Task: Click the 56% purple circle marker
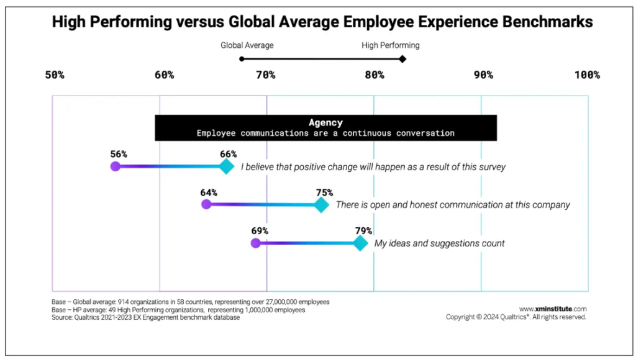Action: (x=115, y=166)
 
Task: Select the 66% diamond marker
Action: (x=227, y=166)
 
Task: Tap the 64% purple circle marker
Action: (x=206, y=205)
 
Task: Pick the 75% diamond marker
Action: (x=321, y=205)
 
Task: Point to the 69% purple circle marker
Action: (x=255, y=243)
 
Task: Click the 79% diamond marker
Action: (x=360, y=243)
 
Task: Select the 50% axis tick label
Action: (x=55, y=75)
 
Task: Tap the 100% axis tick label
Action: (x=587, y=75)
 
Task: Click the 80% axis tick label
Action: (x=374, y=75)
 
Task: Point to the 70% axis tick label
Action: (x=266, y=75)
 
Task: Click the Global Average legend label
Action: (x=247, y=45)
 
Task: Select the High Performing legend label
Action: (x=391, y=45)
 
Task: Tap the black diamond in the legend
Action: (x=402, y=59)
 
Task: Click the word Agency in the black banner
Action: (x=325, y=123)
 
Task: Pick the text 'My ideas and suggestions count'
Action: (x=439, y=243)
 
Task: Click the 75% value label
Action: (x=324, y=192)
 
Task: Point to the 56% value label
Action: (x=119, y=154)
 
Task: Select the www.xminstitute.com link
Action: (x=553, y=308)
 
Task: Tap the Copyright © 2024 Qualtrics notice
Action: (x=516, y=317)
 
